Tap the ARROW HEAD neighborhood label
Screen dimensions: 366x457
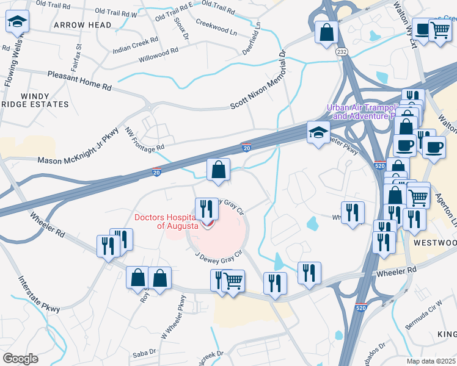pos(82,25)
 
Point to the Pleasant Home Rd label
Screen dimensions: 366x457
pos(79,81)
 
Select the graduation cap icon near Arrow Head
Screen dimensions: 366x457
pos(17,23)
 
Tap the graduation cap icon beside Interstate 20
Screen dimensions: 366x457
pos(318,132)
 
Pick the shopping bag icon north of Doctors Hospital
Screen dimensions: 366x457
pos(218,170)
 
